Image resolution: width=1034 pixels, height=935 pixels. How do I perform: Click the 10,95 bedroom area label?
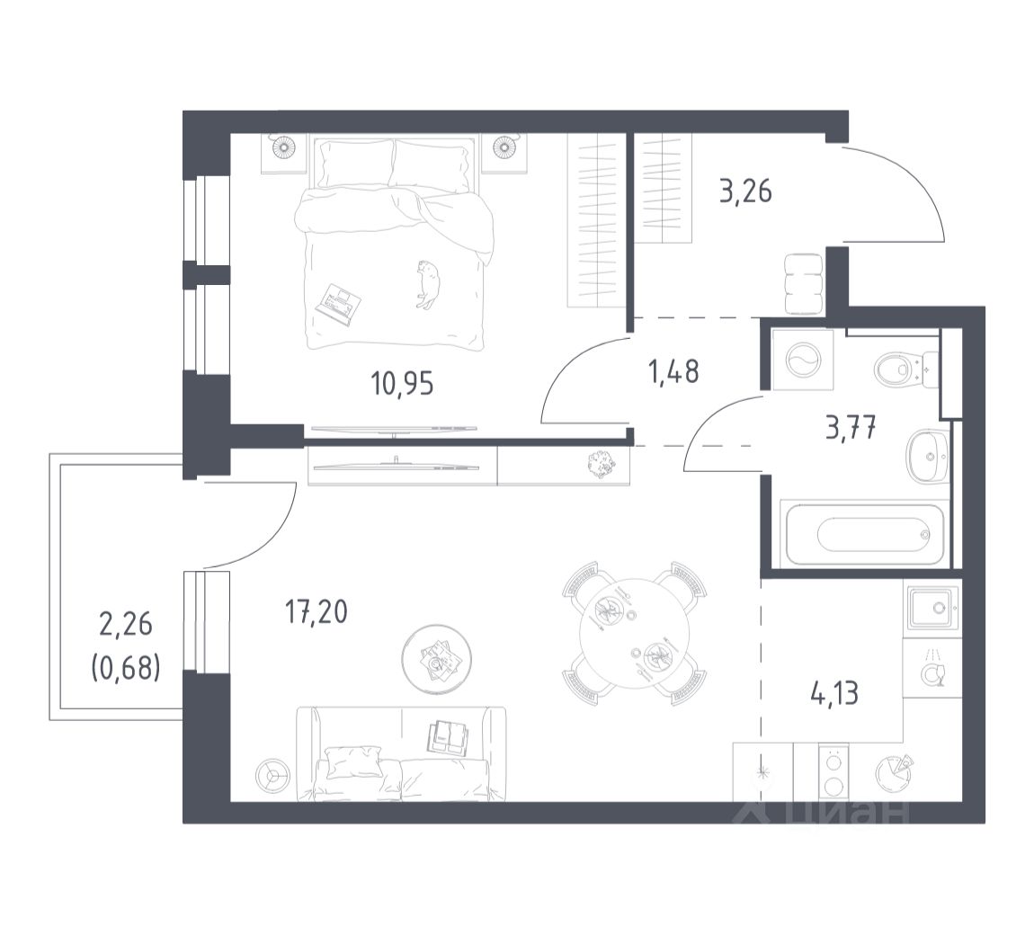(402, 383)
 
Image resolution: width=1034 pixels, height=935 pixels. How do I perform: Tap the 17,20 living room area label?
(316, 612)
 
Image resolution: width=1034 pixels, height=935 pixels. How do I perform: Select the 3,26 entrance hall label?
(745, 191)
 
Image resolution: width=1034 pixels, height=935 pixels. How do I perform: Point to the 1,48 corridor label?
(674, 372)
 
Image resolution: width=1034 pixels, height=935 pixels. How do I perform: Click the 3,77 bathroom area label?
(851, 428)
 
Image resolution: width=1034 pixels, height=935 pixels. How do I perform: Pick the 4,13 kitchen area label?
(834, 694)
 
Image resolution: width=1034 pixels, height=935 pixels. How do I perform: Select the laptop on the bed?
(339, 304)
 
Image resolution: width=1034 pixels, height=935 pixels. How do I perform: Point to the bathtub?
(865, 533)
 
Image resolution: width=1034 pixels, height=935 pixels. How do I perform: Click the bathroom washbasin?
(928, 456)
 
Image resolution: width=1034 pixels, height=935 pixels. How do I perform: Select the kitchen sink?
(931, 608)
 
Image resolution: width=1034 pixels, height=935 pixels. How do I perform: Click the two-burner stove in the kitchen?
(834, 773)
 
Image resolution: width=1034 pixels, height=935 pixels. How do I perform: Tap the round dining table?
(635, 634)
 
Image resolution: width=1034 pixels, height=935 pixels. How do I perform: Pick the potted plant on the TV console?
(602, 463)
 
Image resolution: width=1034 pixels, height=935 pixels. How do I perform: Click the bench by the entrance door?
(804, 284)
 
